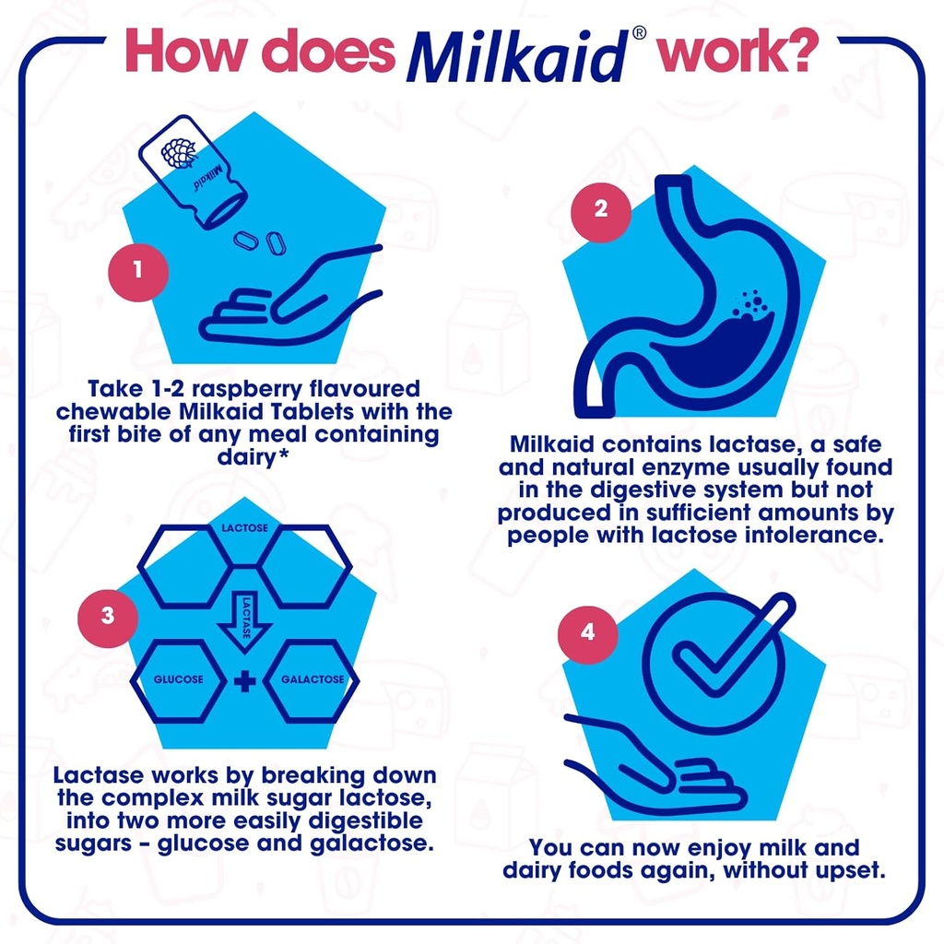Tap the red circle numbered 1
pyautogui.click(x=137, y=271)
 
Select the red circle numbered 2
pyautogui.click(x=601, y=208)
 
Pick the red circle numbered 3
pyautogui.click(x=108, y=616)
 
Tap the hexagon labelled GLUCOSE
pyautogui.click(x=179, y=680)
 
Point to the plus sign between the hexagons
pyautogui.click(x=244, y=681)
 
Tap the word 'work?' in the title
pyautogui.click(x=734, y=53)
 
